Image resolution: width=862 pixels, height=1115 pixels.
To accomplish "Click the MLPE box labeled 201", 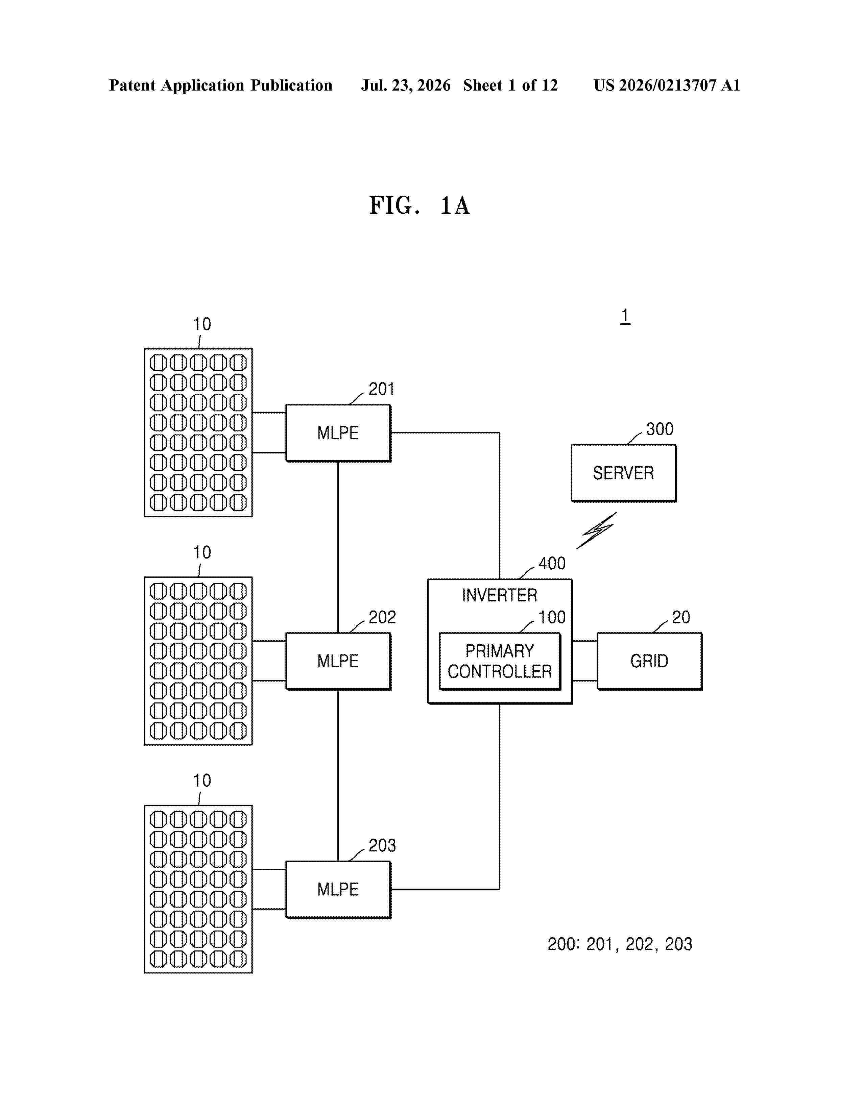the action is [338, 433].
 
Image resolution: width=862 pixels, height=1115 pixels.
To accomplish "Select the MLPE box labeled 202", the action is [338, 661].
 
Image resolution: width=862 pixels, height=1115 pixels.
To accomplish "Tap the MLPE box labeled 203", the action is [338, 889].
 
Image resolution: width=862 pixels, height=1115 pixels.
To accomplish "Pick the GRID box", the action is [650, 661].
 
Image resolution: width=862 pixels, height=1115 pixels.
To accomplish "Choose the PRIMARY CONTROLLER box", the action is [500, 662].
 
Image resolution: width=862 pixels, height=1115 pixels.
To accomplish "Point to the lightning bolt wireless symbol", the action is [596, 531].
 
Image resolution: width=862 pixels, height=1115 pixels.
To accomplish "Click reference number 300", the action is [660, 429].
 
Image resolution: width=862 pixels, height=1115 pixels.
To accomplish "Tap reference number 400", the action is [552, 563].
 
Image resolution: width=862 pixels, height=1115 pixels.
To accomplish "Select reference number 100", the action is [552, 617].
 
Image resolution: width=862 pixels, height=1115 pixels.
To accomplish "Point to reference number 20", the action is [681, 617].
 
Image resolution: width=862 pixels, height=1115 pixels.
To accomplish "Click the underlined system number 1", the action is [625, 317].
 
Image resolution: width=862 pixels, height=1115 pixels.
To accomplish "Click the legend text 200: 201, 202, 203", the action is [620, 944].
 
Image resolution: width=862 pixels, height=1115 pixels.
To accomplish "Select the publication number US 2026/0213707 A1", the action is [667, 85].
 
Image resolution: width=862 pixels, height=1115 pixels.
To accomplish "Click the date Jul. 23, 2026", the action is [406, 85].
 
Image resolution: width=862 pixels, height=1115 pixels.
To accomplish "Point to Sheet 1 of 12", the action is [511, 85].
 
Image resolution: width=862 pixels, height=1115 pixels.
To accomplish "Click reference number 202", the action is [382, 617].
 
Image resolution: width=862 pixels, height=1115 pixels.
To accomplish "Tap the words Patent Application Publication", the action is [221, 85].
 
